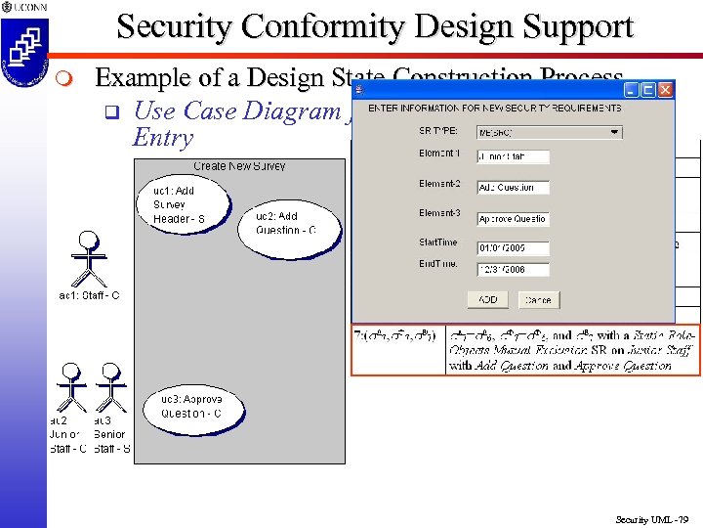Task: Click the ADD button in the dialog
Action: (x=488, y=299)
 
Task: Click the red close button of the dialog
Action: (x=665, y=90)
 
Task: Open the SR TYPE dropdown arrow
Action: (x=614, y=132)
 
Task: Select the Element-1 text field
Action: (x=513, y=156)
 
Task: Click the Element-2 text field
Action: (x=513, y=187)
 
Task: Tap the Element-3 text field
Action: (x=513, y=219)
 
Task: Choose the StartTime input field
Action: (x=513, y=248)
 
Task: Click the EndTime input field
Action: (x=513, y=270)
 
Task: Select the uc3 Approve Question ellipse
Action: (x=191, y=407)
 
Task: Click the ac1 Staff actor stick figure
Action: (x=90, y=256)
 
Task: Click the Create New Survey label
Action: (x=239, y=166)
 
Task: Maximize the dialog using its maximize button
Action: (x=646, y=90)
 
